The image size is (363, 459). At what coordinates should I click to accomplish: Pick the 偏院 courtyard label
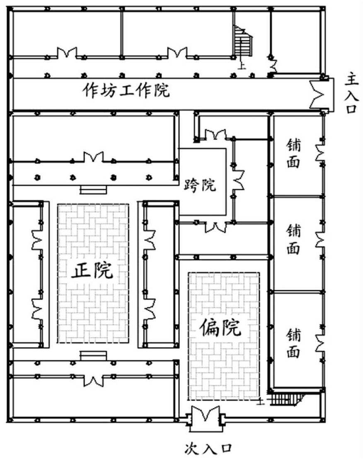(220, 328)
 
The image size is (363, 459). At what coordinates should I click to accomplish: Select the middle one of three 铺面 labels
(293, 240)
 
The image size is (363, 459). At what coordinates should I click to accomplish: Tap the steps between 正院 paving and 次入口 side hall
(93, 356)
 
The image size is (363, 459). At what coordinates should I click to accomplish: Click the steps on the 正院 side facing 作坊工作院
(93, 190)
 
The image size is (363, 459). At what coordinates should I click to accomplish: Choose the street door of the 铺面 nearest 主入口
(322, 152)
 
